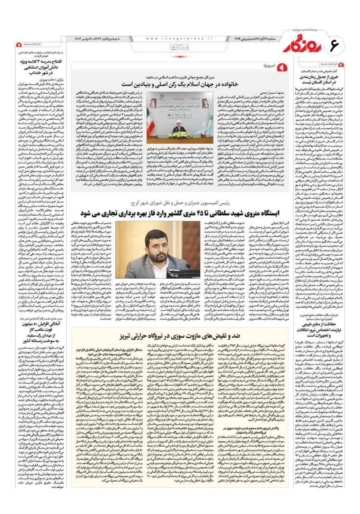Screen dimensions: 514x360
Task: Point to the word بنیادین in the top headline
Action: pos(138,85)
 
